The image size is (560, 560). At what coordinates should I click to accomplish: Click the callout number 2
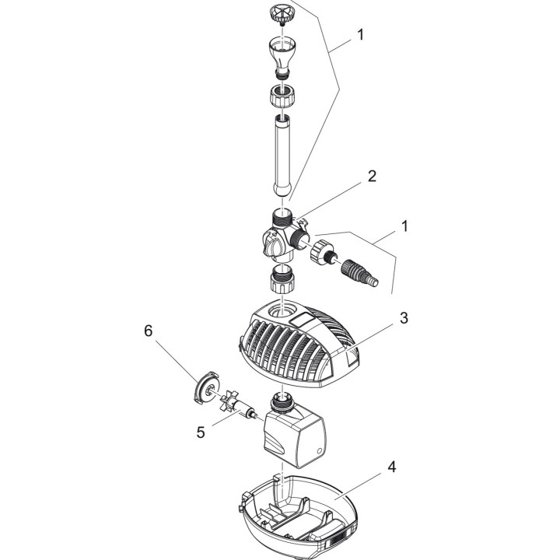click(x=372, y=176)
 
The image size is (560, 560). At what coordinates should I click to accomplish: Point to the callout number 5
click(x=200, y=432)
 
